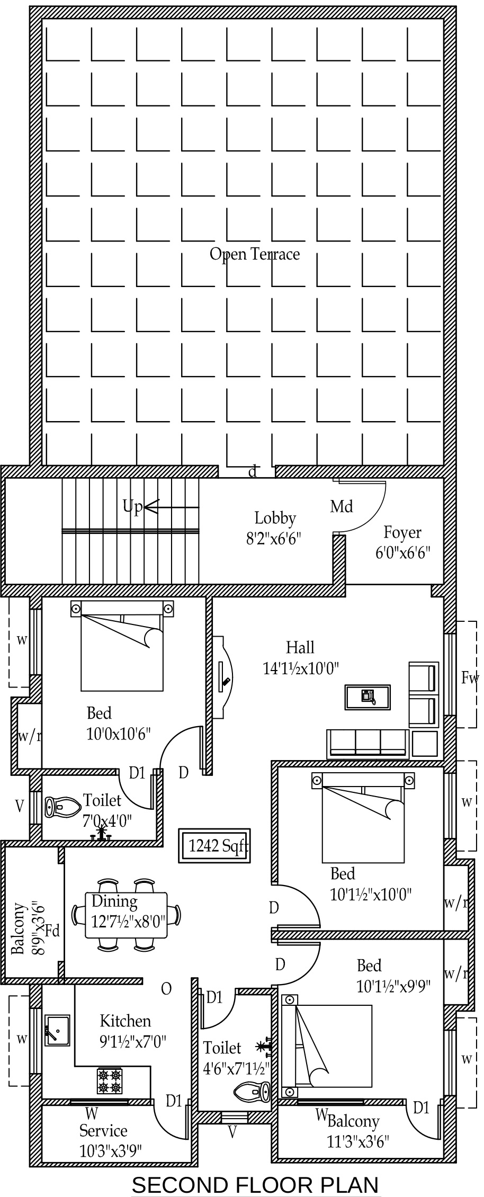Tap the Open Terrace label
point(255,254)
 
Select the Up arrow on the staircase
point(171,507)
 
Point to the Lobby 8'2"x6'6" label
point(274,528)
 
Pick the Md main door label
point(342,507)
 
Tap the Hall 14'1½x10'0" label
point(301,657)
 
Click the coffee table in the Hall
point(368,696)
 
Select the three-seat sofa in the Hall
point(368,744)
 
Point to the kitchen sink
point(57,1030)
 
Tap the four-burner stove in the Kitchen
point(110,1081)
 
